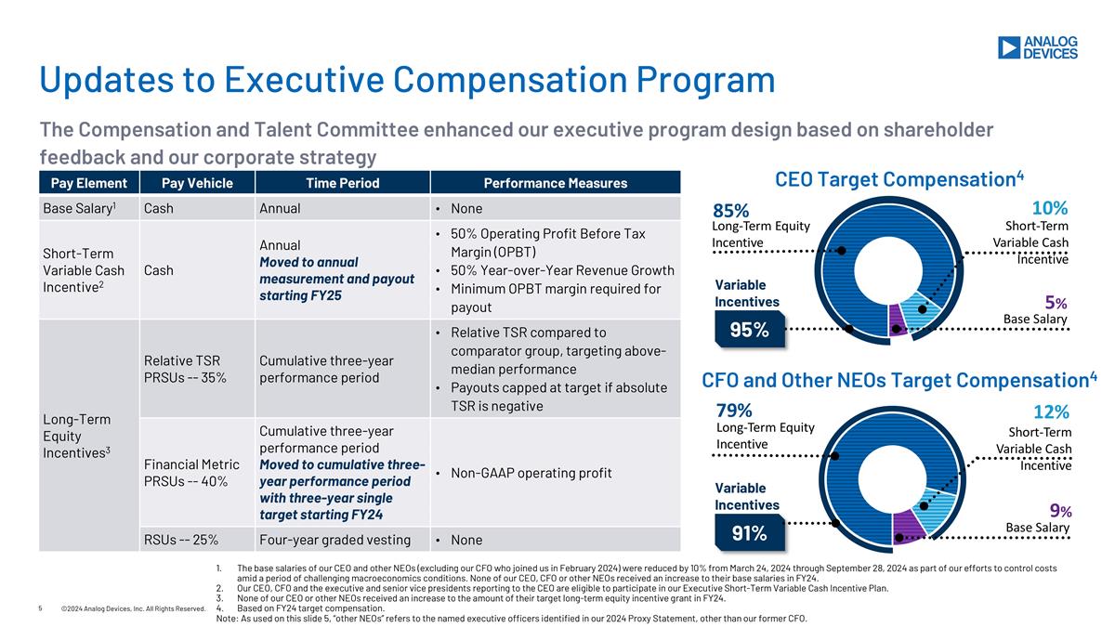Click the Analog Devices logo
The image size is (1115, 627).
[x=1037, y=48]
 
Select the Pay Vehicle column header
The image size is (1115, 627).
[x=196, y=183]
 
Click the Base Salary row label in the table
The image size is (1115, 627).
[x=79, y=208]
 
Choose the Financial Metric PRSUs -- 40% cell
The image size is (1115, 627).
[x=178, y=472]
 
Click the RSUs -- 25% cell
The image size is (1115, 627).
[x=181, y=540]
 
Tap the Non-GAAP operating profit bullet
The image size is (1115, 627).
[x=531, y=473]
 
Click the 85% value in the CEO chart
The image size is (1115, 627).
[x=731, y=211]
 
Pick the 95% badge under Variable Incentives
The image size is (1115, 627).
[x=748, y=329]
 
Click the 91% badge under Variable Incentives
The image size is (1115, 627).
[x=748, y=533]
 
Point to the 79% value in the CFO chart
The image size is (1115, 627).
[x=734, y=411]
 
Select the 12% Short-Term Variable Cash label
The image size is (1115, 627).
[x=1051, y=411]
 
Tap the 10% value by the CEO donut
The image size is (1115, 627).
[x=1050, y=208]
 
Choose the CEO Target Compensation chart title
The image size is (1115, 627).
[x=899, y=178]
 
